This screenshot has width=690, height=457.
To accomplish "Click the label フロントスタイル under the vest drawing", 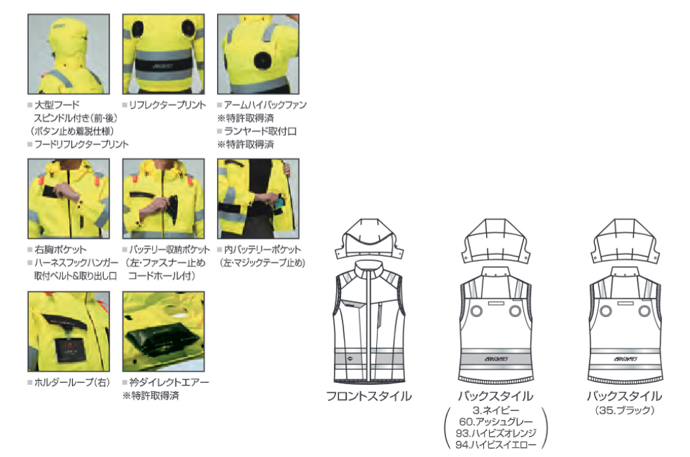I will (368, 396).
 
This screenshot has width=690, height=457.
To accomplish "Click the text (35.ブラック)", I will (624, 411).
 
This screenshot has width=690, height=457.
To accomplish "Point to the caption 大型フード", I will (57, 105).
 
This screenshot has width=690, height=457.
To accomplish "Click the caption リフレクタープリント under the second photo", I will (168, 105).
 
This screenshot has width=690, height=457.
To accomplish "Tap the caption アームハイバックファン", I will (265, 105).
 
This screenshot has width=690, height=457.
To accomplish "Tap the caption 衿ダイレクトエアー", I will (169, 383).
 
